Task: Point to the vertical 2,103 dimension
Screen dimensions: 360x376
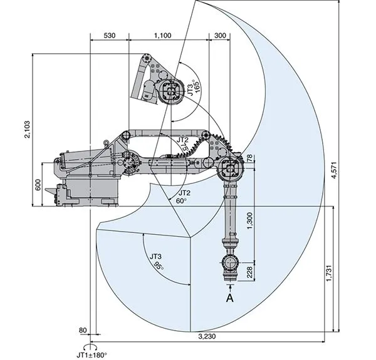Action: (26, 128)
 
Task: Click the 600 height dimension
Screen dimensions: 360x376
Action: (38, 184)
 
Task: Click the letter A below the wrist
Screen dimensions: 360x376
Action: (231, 298)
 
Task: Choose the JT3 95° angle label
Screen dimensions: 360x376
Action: (157, 260)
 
